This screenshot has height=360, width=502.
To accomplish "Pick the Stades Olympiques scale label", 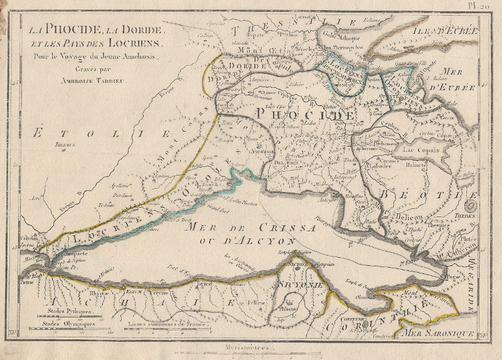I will coord(68,324).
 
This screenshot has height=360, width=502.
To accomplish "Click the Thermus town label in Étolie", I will coord(65,145).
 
